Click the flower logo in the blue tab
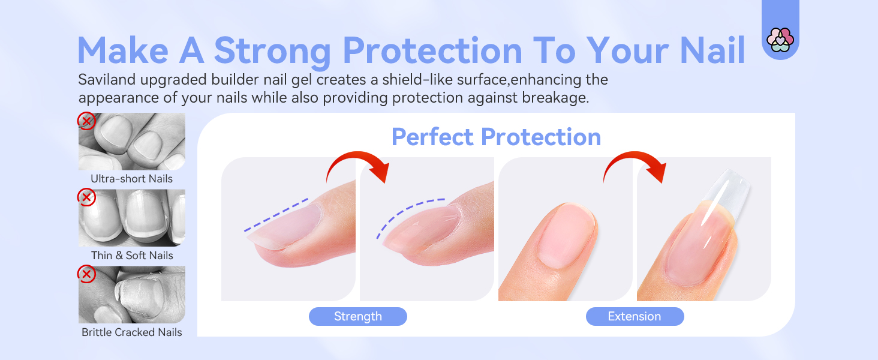[780, 40]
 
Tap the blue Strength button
[358, 316]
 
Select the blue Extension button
[635, 316]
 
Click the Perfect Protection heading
[496, 137]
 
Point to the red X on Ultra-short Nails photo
[86, 121]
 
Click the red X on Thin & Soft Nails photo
[86, 197]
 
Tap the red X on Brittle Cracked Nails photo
[86, 274]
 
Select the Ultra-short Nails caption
[132, 179]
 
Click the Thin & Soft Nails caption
[132, 256]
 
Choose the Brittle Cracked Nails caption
[132, 332]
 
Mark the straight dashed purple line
[276, 215]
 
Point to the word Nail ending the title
[712, 50]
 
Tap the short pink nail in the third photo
[566, 235]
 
